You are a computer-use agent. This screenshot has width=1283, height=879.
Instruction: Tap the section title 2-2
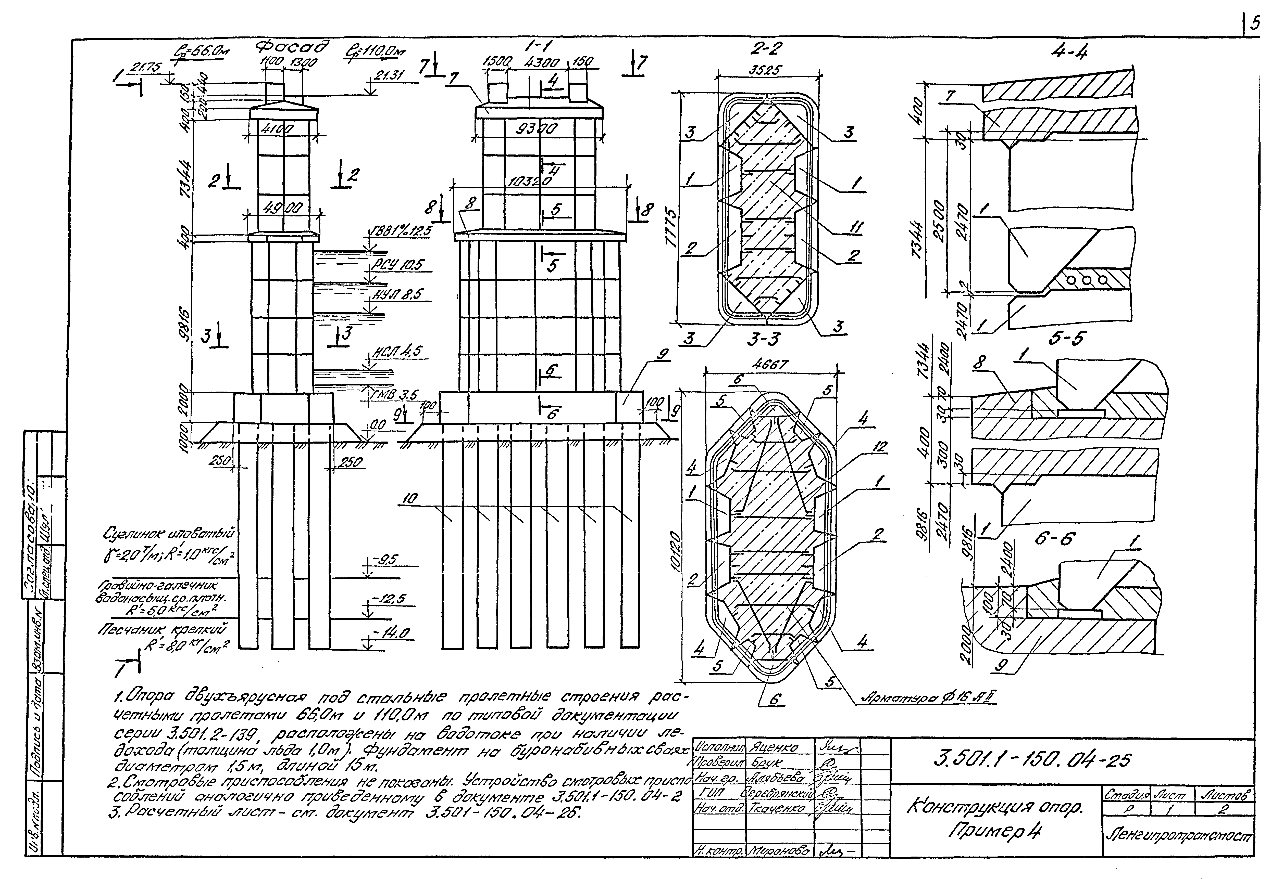767,50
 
